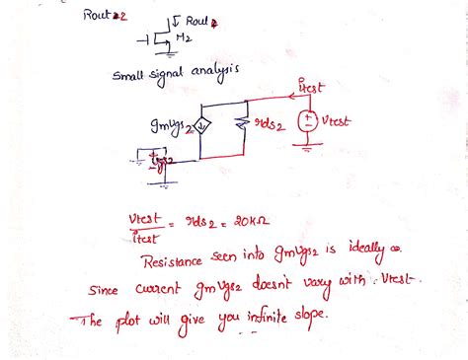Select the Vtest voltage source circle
click(x=308, y=120)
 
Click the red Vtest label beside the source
click(x=338, y=120)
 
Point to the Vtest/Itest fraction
click(x=144, y=227)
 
